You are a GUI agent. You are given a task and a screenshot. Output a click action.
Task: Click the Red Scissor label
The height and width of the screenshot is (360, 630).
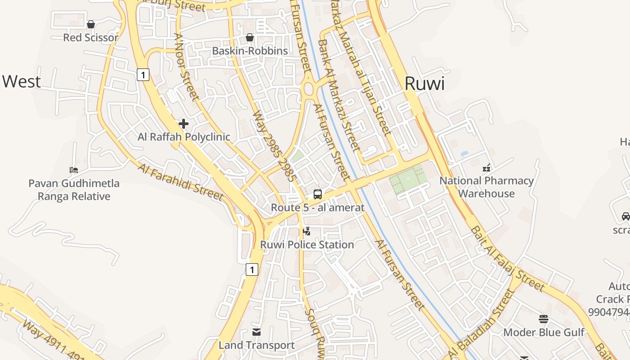pos(90,37)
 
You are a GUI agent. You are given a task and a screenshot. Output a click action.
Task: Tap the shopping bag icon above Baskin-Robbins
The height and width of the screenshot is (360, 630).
pos(250,37)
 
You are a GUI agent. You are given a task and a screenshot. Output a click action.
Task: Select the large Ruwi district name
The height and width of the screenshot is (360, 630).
pos(424,84)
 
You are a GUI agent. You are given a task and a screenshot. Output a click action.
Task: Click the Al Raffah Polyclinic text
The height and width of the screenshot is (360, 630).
pos(184,137)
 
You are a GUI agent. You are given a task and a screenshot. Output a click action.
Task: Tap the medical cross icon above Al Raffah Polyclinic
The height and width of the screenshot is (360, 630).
pos(184,123)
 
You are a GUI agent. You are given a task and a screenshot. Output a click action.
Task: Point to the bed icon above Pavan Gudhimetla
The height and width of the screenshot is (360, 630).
pos(74,170)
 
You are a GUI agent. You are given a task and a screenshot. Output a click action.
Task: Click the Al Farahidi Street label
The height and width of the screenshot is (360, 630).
pos(180,182)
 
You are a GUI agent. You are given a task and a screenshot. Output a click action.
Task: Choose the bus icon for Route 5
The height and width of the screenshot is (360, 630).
pos(317,194)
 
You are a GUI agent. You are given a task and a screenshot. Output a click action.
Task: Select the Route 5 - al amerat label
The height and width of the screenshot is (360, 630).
pos(317,207)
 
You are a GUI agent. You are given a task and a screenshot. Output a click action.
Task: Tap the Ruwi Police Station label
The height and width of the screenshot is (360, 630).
pos(307,245)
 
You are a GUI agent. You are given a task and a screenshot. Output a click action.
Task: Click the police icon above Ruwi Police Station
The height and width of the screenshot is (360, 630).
pos(307,232)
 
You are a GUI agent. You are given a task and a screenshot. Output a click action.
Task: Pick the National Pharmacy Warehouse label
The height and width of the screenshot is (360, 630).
pos(486,187)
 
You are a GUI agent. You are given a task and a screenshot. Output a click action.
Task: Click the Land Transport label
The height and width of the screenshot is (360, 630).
pos(256,345)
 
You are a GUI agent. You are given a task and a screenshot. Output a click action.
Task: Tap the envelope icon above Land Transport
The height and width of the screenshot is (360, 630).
pos(256,333)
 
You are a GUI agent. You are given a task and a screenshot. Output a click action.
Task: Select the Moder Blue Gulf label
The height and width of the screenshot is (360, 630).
pos(544,332)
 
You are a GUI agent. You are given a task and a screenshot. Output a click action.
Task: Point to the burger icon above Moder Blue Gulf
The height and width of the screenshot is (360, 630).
pos(544,319)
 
